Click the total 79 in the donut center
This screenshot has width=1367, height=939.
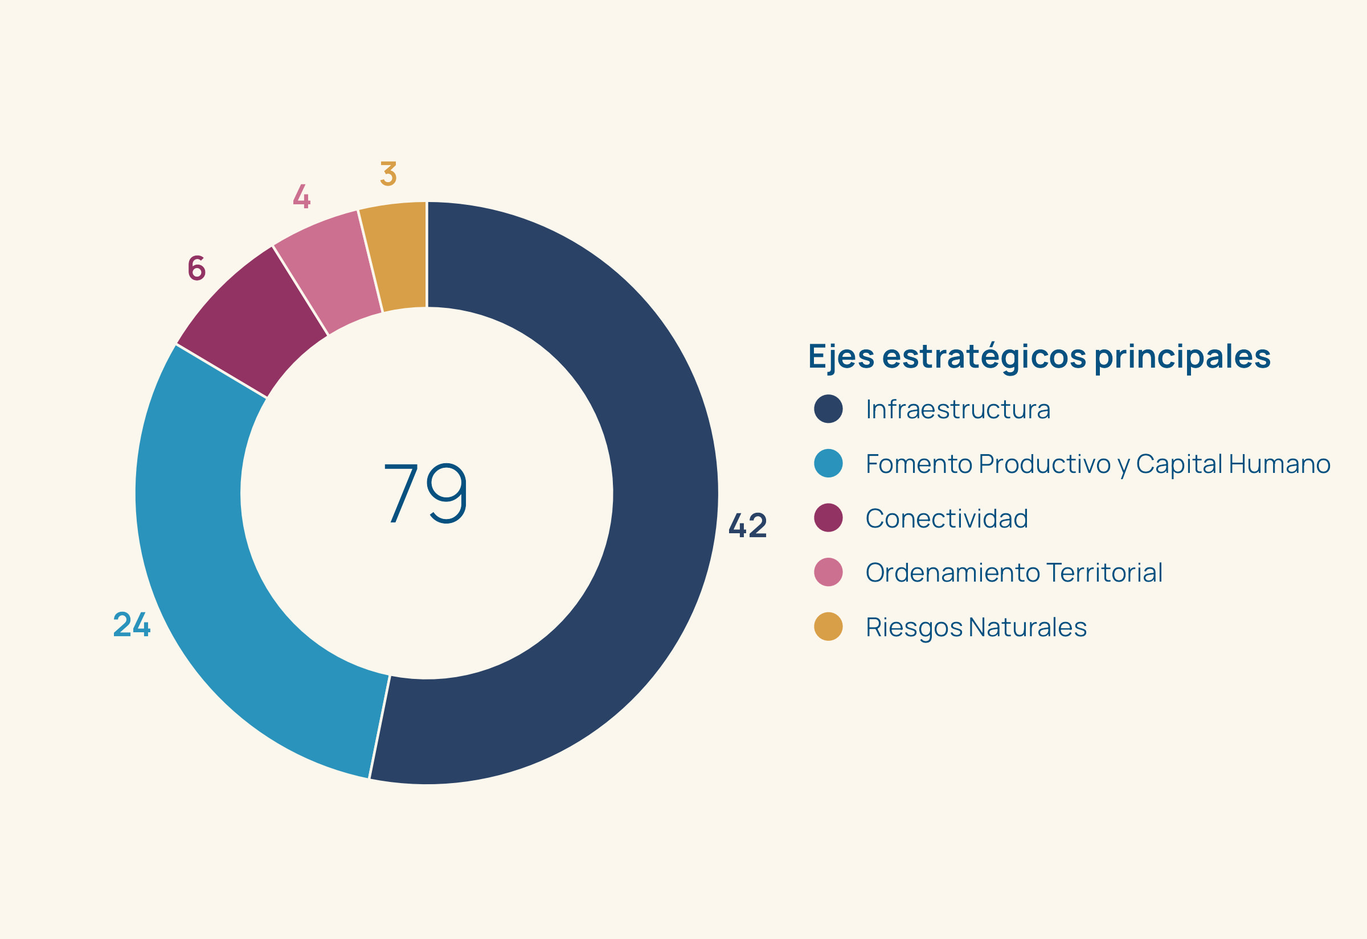(425, 493)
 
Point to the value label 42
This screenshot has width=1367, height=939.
(748, 525)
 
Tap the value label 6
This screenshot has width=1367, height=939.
(197, 268)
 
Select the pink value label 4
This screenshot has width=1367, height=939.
(301, 196)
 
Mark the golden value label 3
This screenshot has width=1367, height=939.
(388, 174)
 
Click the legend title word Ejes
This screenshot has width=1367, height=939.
(841, 357)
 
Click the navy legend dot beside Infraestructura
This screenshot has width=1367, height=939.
(828, 409)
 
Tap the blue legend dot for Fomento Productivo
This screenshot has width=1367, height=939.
(828, 463)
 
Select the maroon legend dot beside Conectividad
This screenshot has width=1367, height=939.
(828, 518)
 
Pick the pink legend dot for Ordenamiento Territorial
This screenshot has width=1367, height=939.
(828, 573)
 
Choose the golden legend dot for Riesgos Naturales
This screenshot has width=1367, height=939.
(828, 627)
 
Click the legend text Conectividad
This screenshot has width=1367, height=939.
(947, 518)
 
